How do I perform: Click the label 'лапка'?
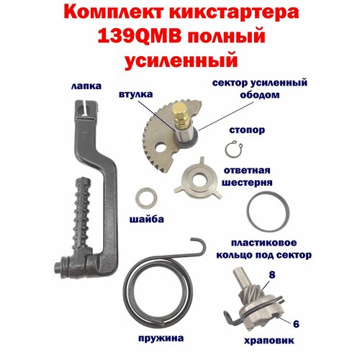tap(86, 86)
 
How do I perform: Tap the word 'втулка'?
tap(135, 94)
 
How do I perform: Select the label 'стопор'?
tap(247, 130)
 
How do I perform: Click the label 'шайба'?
tap(147, 219)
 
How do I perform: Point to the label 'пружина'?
tap(161, 338)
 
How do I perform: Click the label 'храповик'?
tap(269, 341)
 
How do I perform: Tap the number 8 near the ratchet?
tap(272, 275)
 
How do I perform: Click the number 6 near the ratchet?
tap(296, 324)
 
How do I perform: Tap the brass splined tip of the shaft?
tap(181, 115)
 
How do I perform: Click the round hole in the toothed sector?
tap(161, 148)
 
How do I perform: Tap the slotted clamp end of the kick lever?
tap(86, 109)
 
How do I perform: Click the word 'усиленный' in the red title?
tap(181, 60)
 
